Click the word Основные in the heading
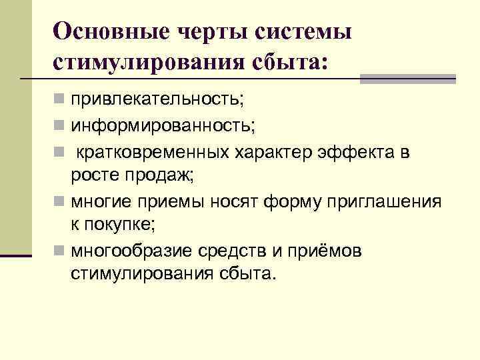coord(106,31)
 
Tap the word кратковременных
coord(153,153)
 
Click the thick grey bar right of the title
coord(407,79)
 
